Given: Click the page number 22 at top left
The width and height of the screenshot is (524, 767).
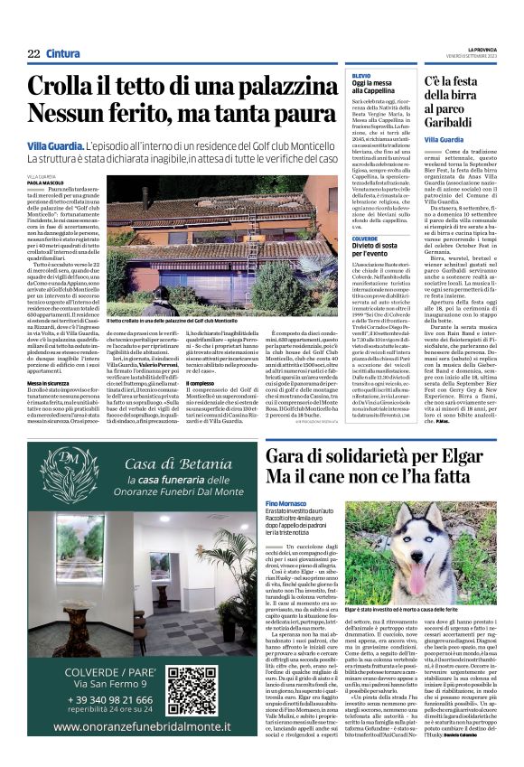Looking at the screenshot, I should (x=33, y=53).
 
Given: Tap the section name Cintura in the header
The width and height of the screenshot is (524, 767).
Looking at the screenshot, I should (x=63, y=53).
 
